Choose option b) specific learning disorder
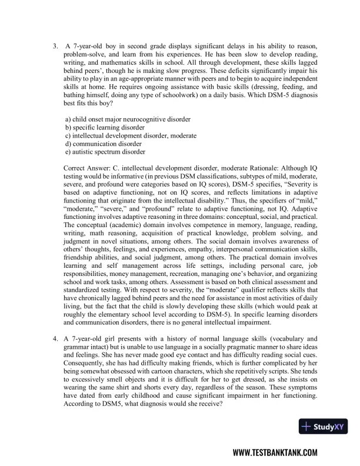105,127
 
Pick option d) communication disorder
104,143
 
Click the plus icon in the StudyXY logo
306,426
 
